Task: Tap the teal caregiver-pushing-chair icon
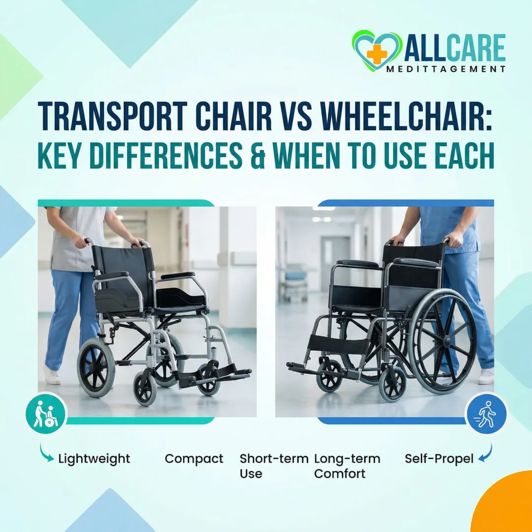(45, 412)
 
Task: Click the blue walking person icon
(486, 412)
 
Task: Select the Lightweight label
(94, 459)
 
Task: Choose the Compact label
(194, 459)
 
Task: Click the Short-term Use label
(274, 466)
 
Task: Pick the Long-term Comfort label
(347, 466)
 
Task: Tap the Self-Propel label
(439, 459)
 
